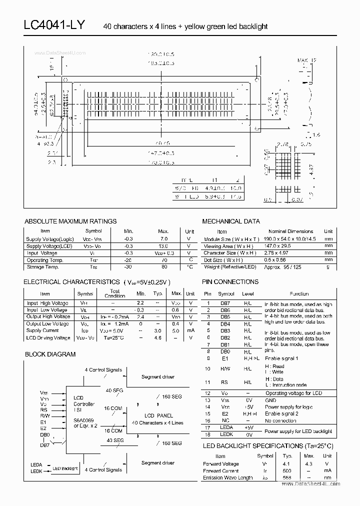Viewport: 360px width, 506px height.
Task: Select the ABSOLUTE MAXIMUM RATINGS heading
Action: pos(70,221)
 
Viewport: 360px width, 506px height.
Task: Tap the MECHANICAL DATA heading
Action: pos(231,221)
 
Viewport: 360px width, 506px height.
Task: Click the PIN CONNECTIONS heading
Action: pos(230,282)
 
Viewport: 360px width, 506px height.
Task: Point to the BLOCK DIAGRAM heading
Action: pos(50,354)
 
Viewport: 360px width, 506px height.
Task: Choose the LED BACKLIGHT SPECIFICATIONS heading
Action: pos(267,445)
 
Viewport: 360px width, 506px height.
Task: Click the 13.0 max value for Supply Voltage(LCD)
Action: pos(163,246)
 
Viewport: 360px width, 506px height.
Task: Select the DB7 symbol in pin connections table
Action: pos(226,304)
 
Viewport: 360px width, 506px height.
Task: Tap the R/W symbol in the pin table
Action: pos(226,368)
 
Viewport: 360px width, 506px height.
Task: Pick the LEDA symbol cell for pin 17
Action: pos(226,427)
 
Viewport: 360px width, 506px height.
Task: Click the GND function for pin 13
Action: pos(270,400)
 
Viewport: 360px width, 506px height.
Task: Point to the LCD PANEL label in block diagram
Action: pos(158,415)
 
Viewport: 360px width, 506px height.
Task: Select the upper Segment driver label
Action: pos(158,377)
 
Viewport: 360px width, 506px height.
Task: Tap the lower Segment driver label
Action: pos(158,463)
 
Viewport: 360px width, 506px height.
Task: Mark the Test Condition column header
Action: pos(114,293)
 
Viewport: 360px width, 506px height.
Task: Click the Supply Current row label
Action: pos(43,330)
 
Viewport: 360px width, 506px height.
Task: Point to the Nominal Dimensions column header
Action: pos(291,231)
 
